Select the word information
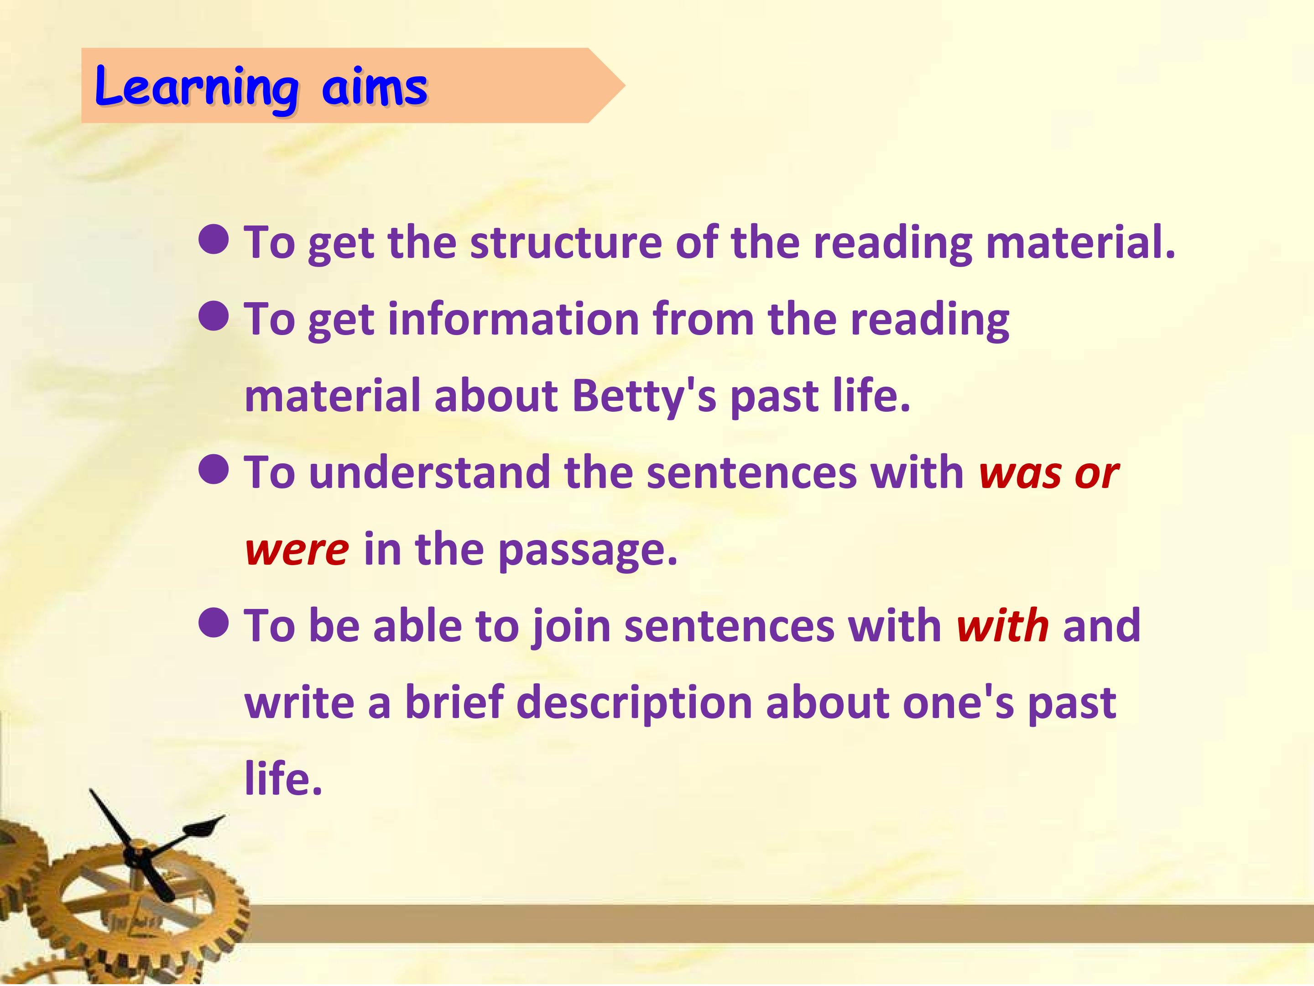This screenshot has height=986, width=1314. (513, 319)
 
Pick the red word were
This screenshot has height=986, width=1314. (297, 550)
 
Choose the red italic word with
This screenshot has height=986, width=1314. (1003, 626)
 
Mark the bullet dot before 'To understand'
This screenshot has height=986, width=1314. (213, 470)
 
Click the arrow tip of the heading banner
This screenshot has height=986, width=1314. (625, 85)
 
